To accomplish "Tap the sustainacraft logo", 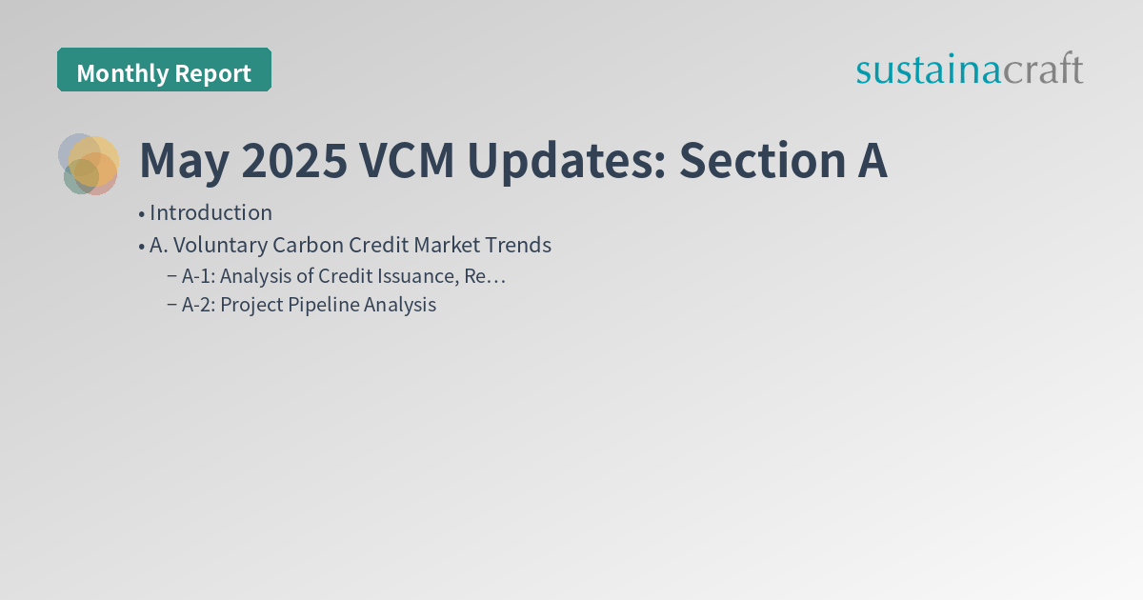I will (970, 70).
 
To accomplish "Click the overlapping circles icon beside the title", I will (89, 164).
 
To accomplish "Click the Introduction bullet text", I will (211, 212).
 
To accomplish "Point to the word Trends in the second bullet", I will (519, 245).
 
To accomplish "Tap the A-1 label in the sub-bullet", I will (197, 276).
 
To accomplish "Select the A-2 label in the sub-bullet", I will (197, 305).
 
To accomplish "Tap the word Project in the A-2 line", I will (252, 305).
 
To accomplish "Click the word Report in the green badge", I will (213, 72).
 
